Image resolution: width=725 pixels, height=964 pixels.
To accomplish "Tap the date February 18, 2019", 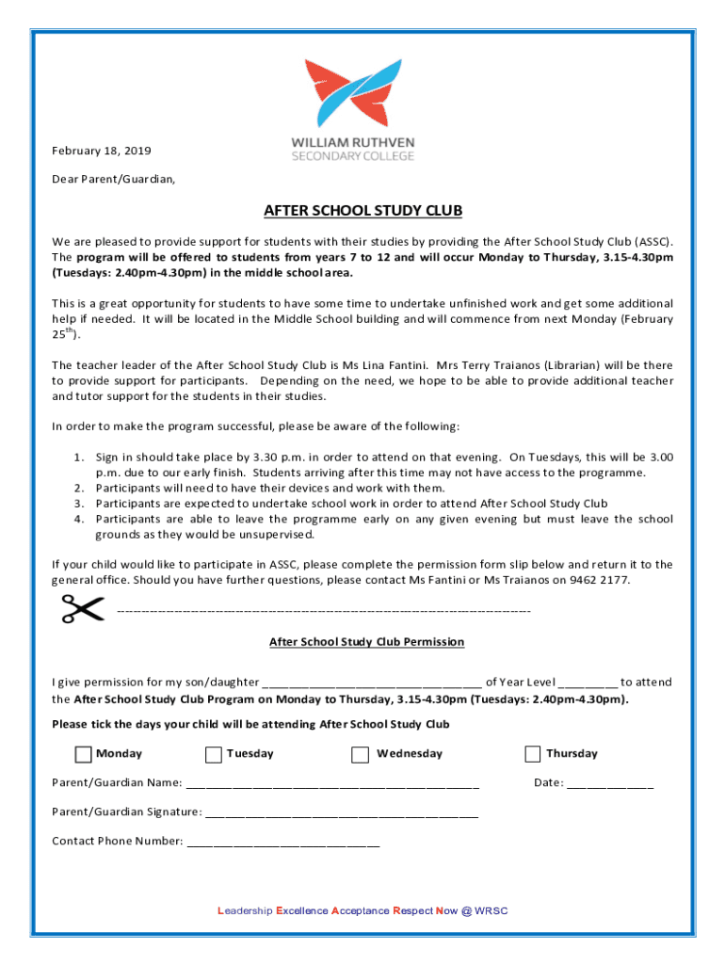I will coord(101,151).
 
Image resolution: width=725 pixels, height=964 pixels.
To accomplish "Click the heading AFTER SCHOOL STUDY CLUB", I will coord(362,211).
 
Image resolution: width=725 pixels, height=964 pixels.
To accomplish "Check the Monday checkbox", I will coord(84,754).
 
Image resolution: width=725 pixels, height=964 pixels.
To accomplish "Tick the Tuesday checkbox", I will coord(214,754).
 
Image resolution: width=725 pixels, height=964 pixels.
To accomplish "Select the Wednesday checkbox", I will coord(361,754).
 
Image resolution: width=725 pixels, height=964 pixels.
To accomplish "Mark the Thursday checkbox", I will coord(533,754).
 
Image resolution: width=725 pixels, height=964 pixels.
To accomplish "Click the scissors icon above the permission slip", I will coord(83,609).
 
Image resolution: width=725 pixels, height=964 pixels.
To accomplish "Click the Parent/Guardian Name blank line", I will coord(332,784).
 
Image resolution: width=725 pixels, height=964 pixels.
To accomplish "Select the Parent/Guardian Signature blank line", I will coord(341,813).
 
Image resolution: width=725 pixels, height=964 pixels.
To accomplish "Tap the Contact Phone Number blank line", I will coord(283,843).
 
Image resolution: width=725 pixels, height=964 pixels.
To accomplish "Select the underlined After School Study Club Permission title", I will coord(366,642).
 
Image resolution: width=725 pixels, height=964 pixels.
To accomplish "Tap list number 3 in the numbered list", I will coord(81,504).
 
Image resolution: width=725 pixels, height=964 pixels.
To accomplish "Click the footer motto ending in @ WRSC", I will coord(362,910).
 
